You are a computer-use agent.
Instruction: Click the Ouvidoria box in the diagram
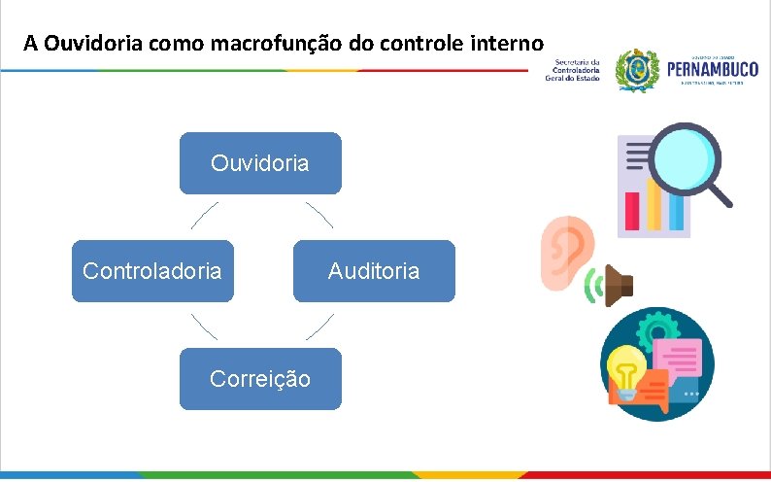point(260,163)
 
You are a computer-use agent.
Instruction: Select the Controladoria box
point(152,271)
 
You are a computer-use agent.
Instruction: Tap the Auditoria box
point(374,271)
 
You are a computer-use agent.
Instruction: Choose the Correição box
point(260,379)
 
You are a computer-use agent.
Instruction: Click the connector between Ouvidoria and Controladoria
point(205,216)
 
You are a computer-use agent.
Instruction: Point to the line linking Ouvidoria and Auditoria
point(318,216)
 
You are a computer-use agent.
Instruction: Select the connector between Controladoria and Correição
point(204,326)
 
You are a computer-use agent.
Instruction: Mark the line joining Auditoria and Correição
point(318,326)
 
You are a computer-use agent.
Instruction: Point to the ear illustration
point(563,251)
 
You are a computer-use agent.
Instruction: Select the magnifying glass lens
point(683,155)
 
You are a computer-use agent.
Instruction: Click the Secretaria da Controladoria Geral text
point(577,70)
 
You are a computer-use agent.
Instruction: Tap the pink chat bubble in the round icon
point(677,360)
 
